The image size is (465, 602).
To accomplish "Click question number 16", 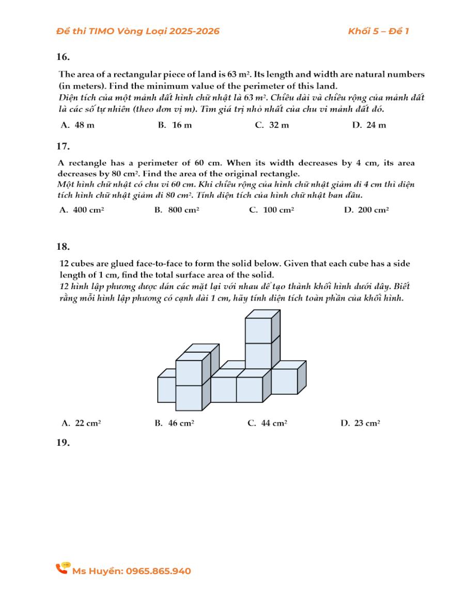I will click(64, 57).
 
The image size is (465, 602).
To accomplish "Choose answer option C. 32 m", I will click(272, 125).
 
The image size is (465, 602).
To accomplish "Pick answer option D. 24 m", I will click(369, 125).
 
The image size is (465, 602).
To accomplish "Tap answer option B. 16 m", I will click(175, 125).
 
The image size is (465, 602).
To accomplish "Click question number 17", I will click(64, 146).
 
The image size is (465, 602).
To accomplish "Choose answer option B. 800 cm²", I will click(177, 210).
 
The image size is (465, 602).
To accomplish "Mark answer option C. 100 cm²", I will click(272, 210).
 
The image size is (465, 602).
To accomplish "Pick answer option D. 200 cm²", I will click(366, 210).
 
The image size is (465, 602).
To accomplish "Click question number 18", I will click(64, 247).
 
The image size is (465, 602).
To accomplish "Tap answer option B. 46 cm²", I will click(175, 423).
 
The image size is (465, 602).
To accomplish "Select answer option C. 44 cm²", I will click(268, 423).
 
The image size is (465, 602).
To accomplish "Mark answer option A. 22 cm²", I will click(82, 423).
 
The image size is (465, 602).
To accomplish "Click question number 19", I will click(64, 443).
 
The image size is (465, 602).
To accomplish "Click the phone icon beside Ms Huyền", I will click(63, 568).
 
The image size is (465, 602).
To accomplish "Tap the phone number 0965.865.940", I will click(158, 571).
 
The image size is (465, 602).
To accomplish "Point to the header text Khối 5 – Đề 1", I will click(378, 32).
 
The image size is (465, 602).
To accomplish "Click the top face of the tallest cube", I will click(262, 314).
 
